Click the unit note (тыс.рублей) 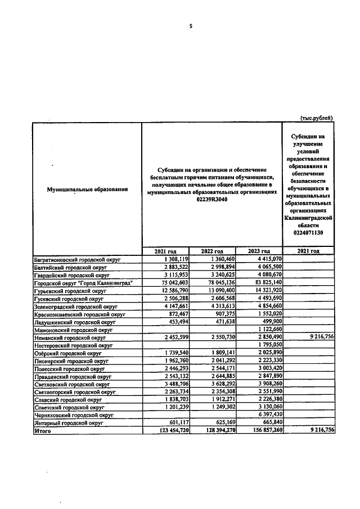click(317, 118)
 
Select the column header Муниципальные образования click(87, 190)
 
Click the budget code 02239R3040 click(211, 200)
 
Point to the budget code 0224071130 click(308, 232)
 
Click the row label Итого click(43, 430)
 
